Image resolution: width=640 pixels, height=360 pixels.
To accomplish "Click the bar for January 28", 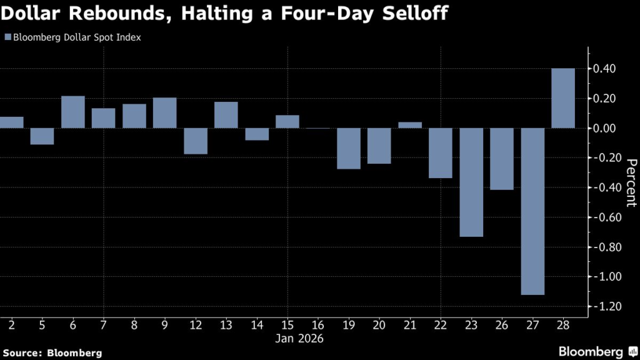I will (563, 98).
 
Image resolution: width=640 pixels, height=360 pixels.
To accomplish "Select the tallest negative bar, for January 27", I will (532, 211).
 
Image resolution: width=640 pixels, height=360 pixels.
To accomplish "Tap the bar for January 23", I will (471, 182).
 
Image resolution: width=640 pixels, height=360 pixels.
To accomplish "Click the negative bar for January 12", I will (196, 141).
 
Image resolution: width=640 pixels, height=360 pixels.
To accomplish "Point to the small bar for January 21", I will (410, 125).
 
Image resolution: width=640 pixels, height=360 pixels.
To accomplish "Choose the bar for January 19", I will (349, 148).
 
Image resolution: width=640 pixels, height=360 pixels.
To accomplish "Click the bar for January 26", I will (502, 159).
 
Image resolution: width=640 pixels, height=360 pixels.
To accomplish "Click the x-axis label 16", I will (318, 325).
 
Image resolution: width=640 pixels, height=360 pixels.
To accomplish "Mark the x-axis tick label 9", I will (165, 325).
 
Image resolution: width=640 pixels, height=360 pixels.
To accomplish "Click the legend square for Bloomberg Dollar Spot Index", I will (7, 37).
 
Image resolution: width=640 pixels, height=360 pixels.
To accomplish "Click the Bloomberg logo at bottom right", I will (597, 351).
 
